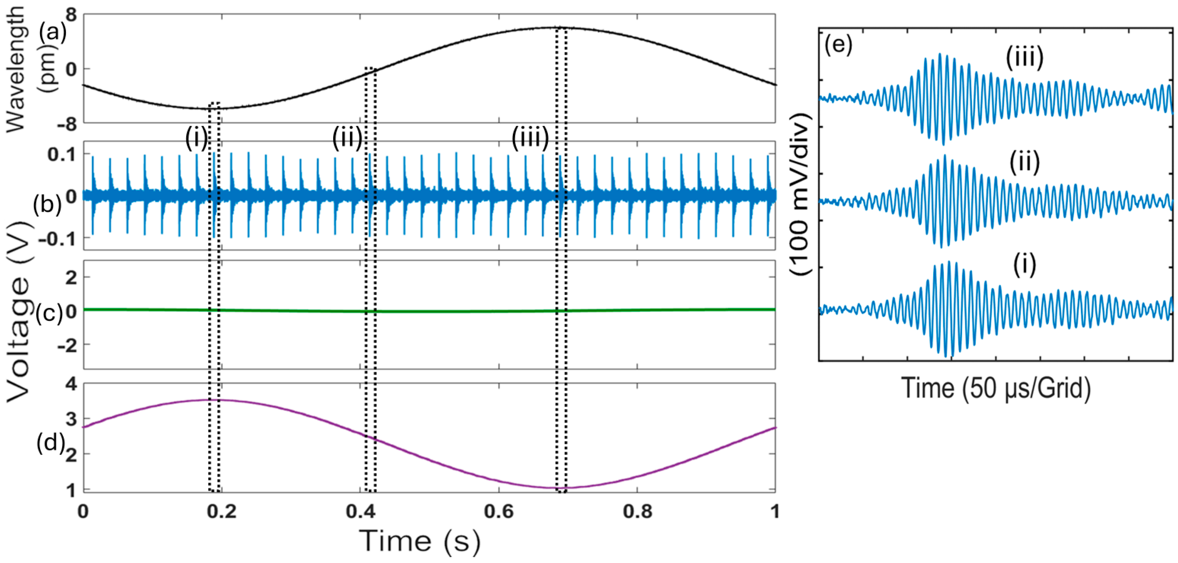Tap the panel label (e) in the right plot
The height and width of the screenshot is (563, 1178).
pyautogui.click(x=838, y=46)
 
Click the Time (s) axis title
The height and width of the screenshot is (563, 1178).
pyautogui.click(x=419, y=541)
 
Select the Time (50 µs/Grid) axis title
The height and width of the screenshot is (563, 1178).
pyautogui.click(x=996, y=389)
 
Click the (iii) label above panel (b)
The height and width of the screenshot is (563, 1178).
pyautogui.click(x=530, y=138)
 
